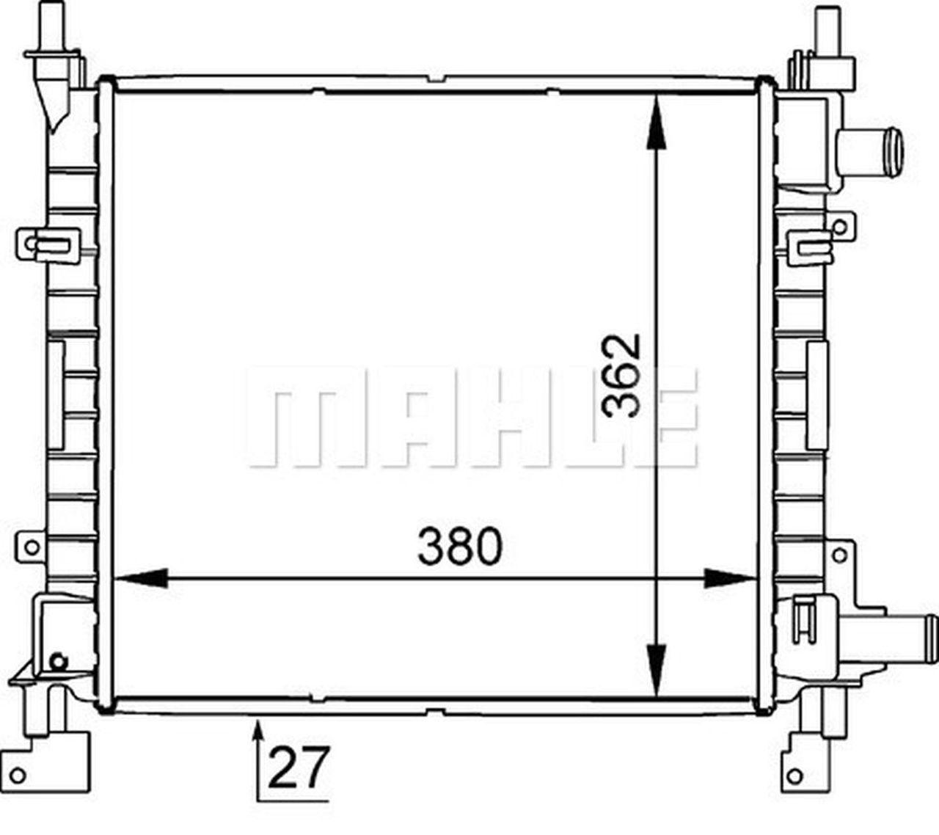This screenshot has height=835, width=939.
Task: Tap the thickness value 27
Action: coord(299,767)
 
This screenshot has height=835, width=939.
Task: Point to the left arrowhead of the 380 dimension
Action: coord(141,579)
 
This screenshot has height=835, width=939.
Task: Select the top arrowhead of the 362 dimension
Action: coord(656,123)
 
